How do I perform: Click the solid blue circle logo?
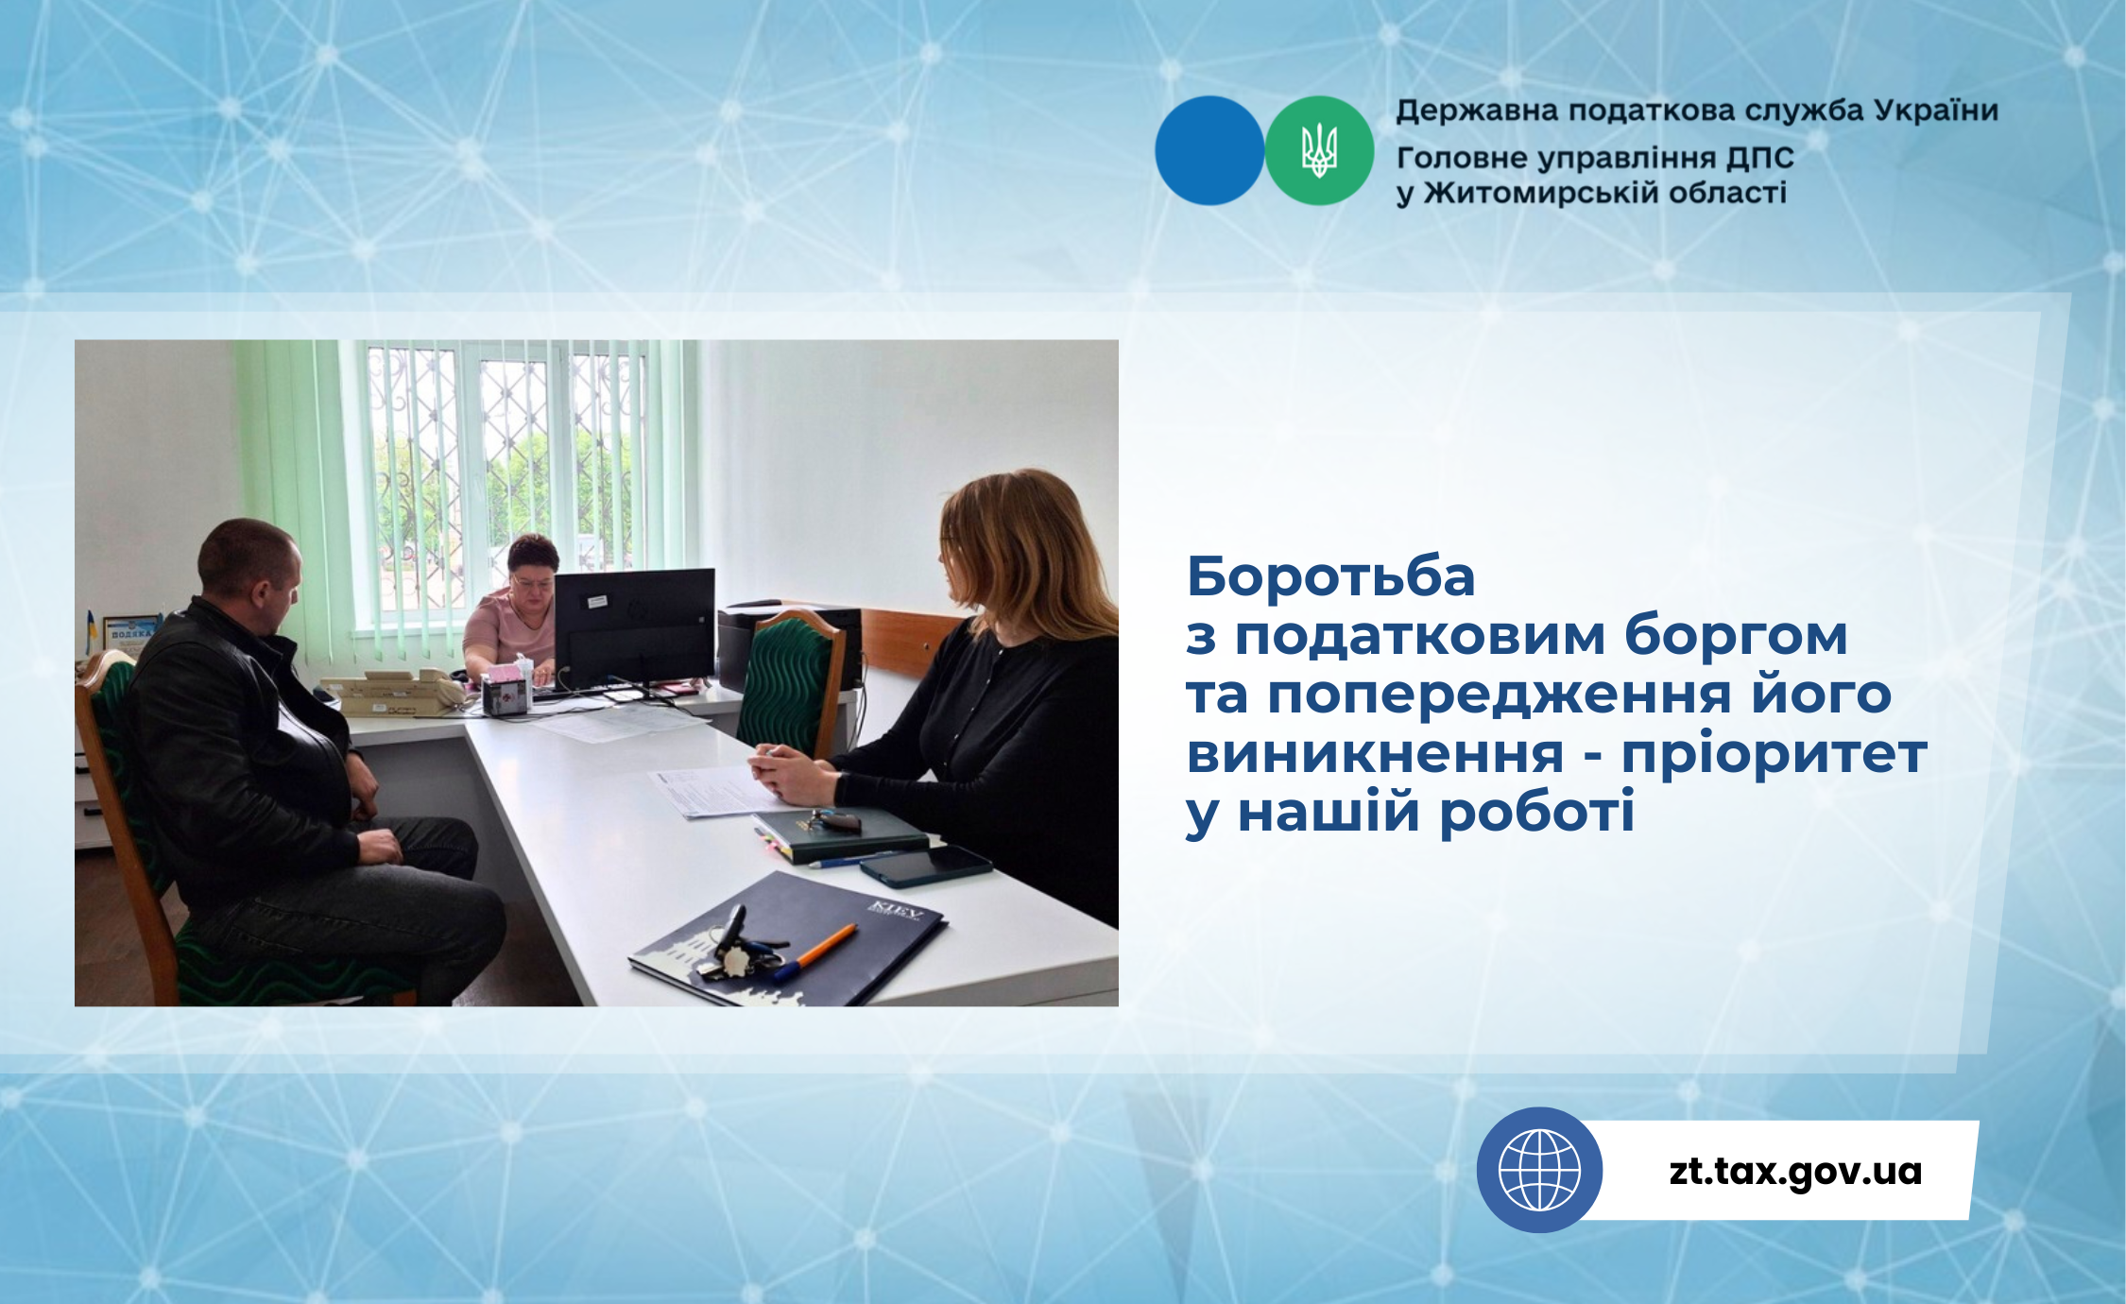[1209, 150]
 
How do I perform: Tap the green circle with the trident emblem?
[1319, 150]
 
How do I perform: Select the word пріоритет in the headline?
[1775, 754]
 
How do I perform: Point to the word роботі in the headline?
[1536, 812]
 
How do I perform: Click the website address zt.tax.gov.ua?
[1795, 1171]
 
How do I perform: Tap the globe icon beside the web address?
[1539, 1170]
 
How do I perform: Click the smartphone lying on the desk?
[925, 866]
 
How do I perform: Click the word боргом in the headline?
[1736, 636]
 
